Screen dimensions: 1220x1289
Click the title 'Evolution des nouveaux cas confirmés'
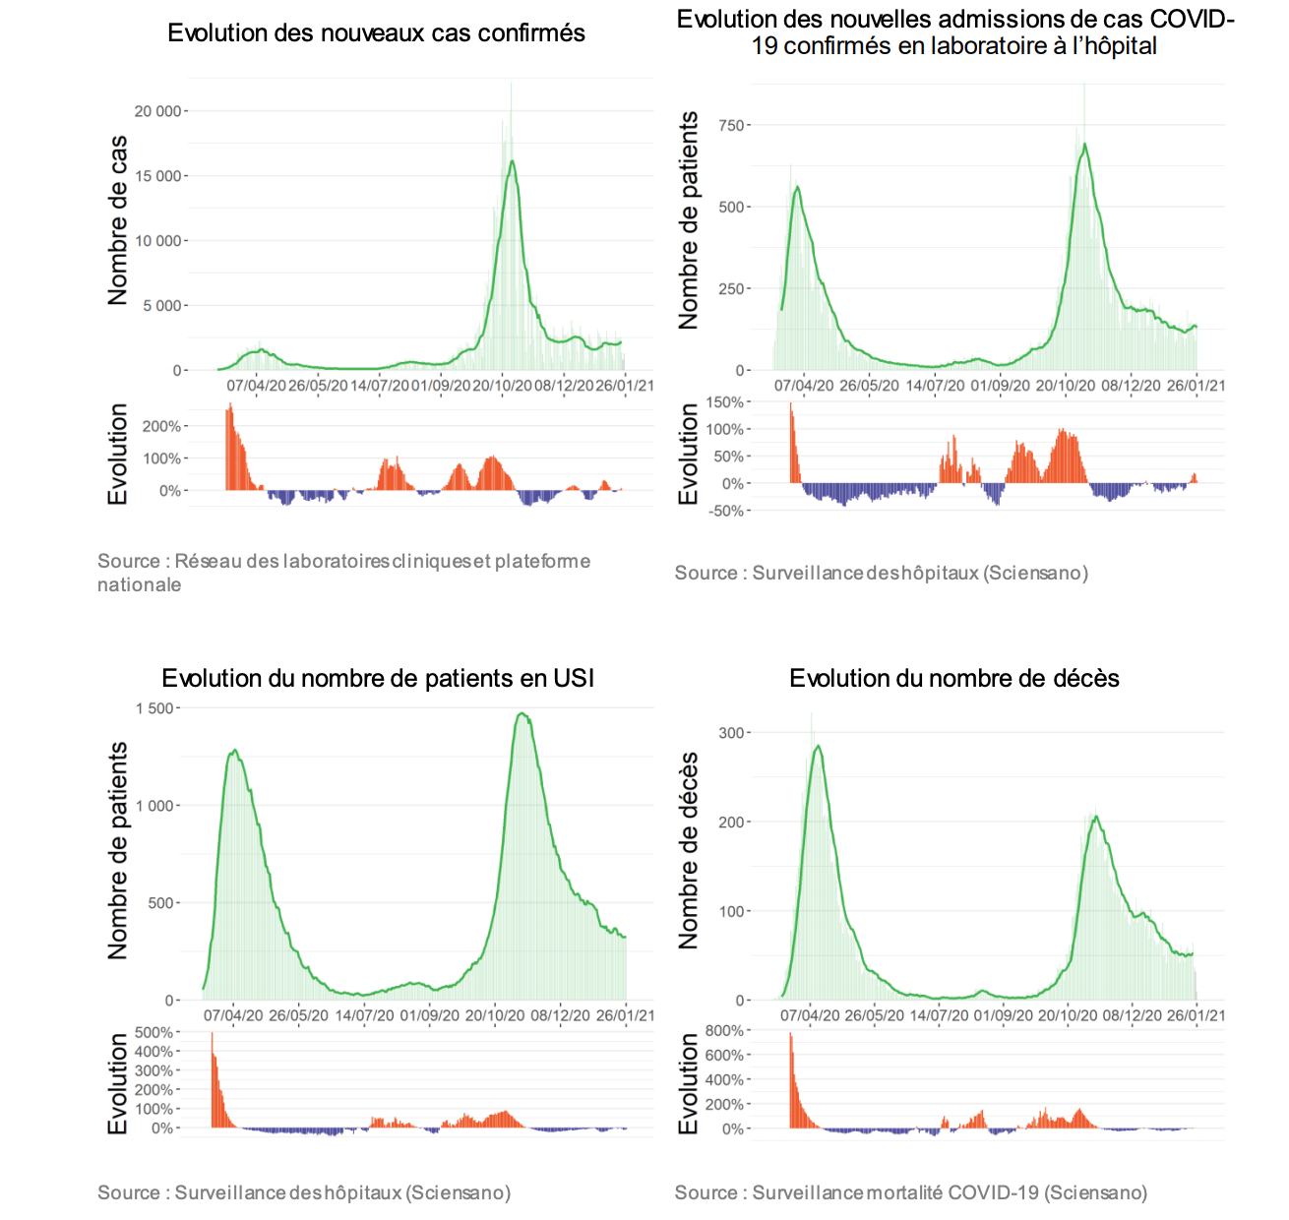click(376, 33)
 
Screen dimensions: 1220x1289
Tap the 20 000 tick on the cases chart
click(157, 111)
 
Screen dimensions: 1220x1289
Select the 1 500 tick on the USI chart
click(153, 708)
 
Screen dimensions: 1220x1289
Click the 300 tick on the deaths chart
click(731, 733)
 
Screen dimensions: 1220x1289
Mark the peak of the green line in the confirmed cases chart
click(512, 161)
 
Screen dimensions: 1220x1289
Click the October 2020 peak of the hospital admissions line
click(1084, 145)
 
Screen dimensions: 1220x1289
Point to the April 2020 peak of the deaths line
click(817, 746)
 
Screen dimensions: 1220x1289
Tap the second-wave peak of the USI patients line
click(522, 713)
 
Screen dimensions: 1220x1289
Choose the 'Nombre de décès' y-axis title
click(689, 851)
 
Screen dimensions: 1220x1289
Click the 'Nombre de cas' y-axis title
click(118, 220)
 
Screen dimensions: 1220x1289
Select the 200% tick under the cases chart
click(161, 426)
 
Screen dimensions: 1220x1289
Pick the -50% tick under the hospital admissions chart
click(726, 511)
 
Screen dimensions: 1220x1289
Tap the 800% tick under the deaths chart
click(724, 1031)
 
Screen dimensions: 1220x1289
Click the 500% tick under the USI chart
click(153, 1032)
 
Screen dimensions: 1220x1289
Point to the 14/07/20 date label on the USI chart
click(364, 1015)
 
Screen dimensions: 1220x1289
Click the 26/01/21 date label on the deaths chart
click(1196, 1015)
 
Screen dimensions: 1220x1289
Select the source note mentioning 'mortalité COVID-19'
click(910, 1192)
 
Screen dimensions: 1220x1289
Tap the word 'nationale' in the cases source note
click(139, 584)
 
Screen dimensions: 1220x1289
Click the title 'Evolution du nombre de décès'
click(953, 678)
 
